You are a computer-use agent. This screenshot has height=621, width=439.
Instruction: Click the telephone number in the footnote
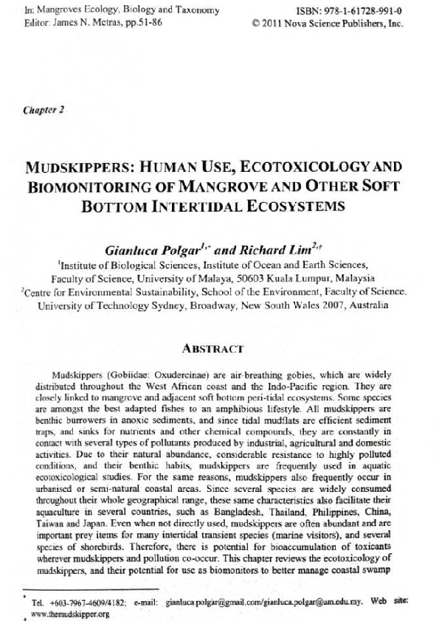[80, 601]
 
